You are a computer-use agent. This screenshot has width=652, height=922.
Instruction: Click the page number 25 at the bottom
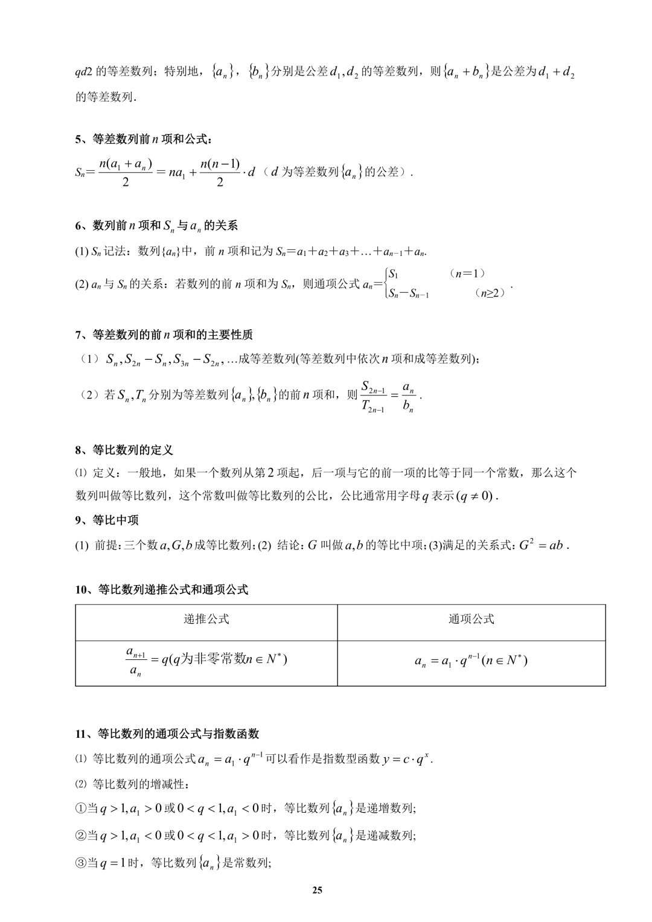tap(318, 890)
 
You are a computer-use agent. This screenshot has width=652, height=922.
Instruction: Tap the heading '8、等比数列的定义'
tap(124, 450)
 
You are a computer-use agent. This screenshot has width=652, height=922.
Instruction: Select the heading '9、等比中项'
tap(107, 520)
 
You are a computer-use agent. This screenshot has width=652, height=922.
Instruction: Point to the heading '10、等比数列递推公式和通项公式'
tap(162, 590)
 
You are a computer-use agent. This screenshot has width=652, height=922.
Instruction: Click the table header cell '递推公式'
tap(206, 619)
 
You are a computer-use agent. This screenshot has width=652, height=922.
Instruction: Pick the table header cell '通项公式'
tap(471, 619)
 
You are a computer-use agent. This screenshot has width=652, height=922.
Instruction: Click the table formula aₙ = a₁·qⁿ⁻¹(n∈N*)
tap(471, 661)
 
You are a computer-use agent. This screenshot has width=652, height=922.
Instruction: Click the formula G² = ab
tap(541, 545)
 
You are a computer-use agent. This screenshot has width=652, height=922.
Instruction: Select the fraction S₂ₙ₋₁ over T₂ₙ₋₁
tap(374, 396)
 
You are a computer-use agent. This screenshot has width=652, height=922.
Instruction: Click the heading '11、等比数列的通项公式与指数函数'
tap(167, 734)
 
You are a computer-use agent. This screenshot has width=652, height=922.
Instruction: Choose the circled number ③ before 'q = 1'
tap(81, 863)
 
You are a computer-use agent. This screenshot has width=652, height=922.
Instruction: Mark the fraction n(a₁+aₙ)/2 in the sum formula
tap(125, 172)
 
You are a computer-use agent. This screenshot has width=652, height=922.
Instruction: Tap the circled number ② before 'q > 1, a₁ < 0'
tap(81, 836)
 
